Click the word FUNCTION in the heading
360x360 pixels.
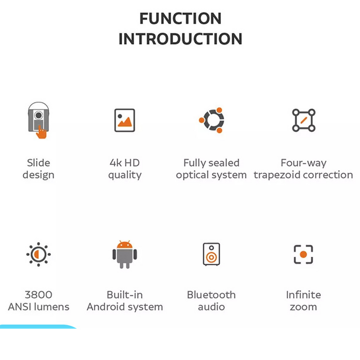(180, 18)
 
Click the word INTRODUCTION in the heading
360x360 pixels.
(180, 39)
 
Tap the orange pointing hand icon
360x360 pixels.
(41, 132)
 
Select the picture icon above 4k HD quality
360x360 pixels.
(124, 120)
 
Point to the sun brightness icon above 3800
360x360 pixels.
(38, 254)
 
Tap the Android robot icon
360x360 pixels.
(124, 254)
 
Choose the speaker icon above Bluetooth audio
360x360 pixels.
(211, 254)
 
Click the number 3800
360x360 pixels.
(39, 295)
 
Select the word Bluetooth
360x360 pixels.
(211, 295)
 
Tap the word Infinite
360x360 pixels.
(303, 295)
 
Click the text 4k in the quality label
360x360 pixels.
(116, 163)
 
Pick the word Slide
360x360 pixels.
(39, 163)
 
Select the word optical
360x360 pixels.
(192, 175)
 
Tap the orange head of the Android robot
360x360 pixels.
(124, 245)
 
